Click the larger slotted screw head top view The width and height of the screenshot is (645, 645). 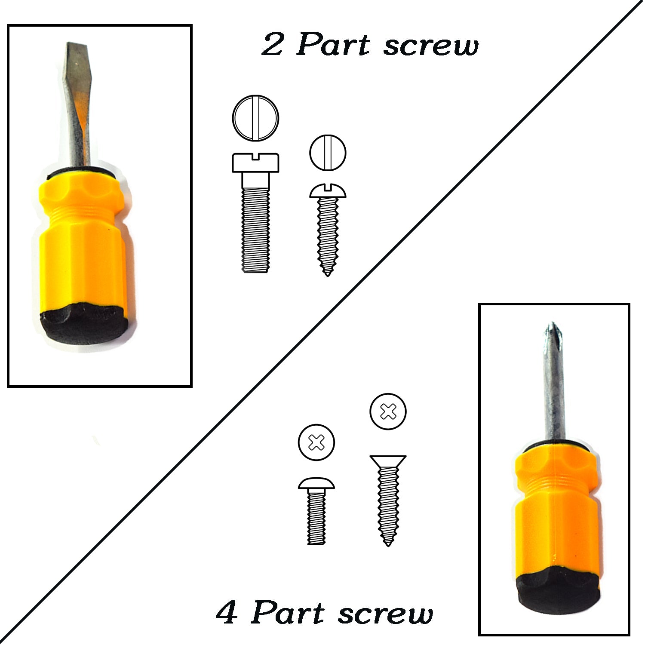pyautogui.click(x=256, y=117)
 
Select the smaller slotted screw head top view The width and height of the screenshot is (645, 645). pyautogui.click(x=328, y=153)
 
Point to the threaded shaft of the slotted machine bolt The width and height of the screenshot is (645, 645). pyautogui.click(x=256, y=230)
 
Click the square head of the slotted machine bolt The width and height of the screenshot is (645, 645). pyautogui.click(x=256, y=162)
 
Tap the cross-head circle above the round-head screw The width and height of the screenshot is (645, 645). pyautogui.click(x=316, y=442)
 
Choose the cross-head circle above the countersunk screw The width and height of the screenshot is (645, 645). pyautogui.click(x=388, y=411)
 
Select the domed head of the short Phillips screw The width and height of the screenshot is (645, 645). pyautogui.click(x=316, y=483)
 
